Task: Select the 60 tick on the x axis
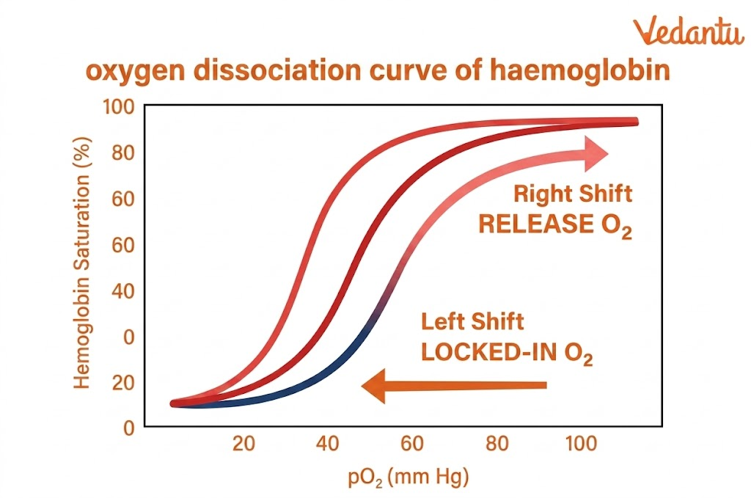click(412, 444)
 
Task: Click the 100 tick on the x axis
click(582, 444)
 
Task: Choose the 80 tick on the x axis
click(498, 444)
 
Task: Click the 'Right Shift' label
click(573, 194)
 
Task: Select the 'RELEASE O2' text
click(554, 224)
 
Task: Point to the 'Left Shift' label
click(472, 322)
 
